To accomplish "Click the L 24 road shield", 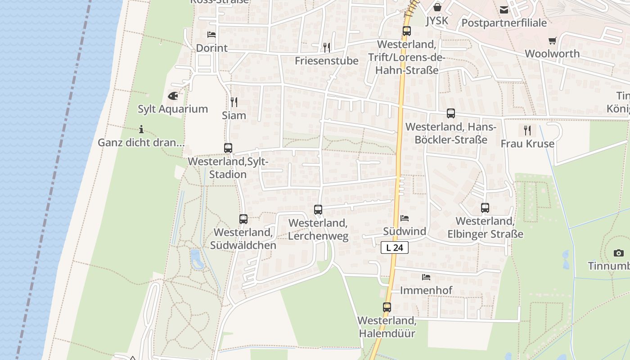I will [x=395, y=247].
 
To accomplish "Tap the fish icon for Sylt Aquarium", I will [x=173, y=96].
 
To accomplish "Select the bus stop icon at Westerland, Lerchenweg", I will [x=318, y=209].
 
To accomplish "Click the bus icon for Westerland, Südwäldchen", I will [x=243, y=219].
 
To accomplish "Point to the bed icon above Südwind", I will [x=405, y=218].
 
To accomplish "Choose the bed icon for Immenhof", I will [x=426, y=277].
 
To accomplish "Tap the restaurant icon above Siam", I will [x=234, y=102].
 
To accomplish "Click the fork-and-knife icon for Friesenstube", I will [x=327, y=47].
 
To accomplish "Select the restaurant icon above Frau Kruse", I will [x=527, y=130].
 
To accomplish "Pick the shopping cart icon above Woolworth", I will [x=553, y=40].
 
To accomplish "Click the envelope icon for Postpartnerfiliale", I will [x=504, y=9].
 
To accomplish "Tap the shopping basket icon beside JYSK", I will [x=437, y=7].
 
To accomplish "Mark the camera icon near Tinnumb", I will [x=619, y=253].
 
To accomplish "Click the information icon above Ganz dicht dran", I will [x=141, y=130].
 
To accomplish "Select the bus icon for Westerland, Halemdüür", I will [x=387, y=307].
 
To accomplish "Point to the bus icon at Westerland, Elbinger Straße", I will [x=485, y=208].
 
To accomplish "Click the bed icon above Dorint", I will [x=211, y=35].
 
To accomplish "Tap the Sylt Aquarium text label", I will [x=173, y=109].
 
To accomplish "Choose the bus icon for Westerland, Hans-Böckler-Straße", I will [x=451, y=113].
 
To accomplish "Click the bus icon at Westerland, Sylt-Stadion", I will [x=228, y=148].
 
